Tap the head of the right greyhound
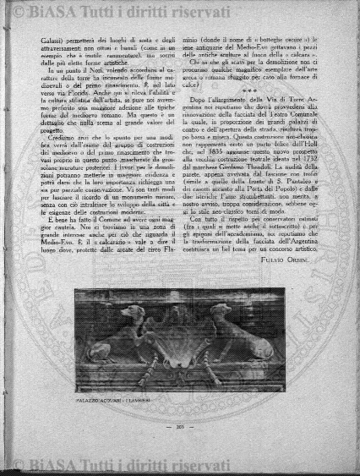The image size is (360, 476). point(221,297)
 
